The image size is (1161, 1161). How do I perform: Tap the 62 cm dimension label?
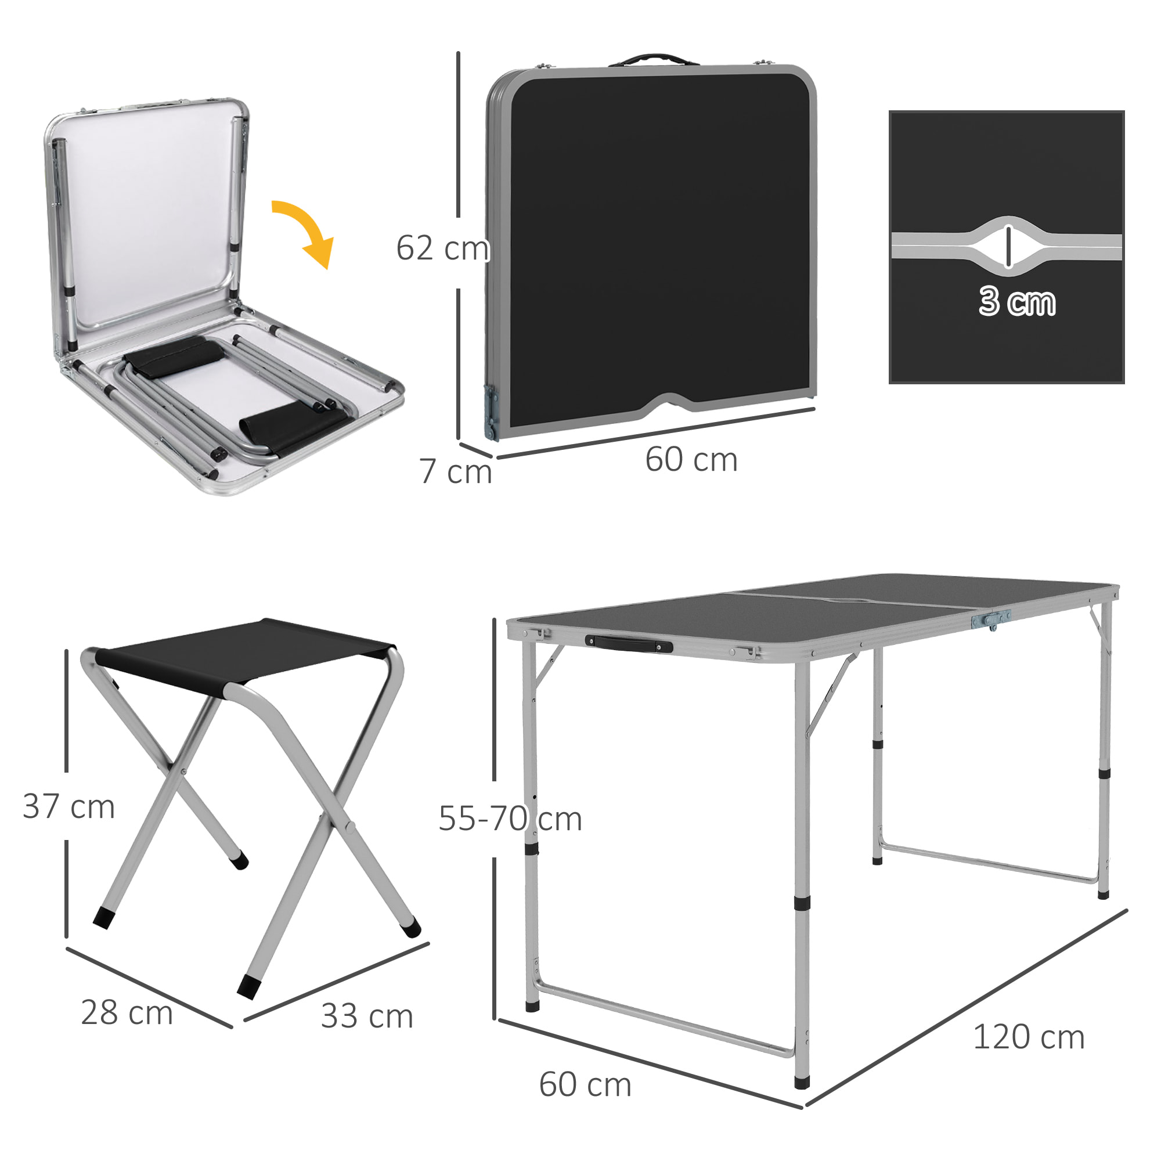coord(443,248)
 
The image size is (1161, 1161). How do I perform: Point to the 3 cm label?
coord(1017,301)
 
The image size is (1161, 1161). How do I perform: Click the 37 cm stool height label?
coord(68,806)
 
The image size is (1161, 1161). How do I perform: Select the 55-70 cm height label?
coord(510,819)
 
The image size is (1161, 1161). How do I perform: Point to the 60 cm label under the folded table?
coord(691,460)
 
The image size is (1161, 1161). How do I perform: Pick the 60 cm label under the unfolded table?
coord(585,1085)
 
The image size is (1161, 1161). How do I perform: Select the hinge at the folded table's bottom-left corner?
coord(492,412)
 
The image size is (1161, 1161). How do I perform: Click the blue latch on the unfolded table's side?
coord(991,618)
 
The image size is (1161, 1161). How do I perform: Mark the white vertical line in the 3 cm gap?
coord(1009,246)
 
